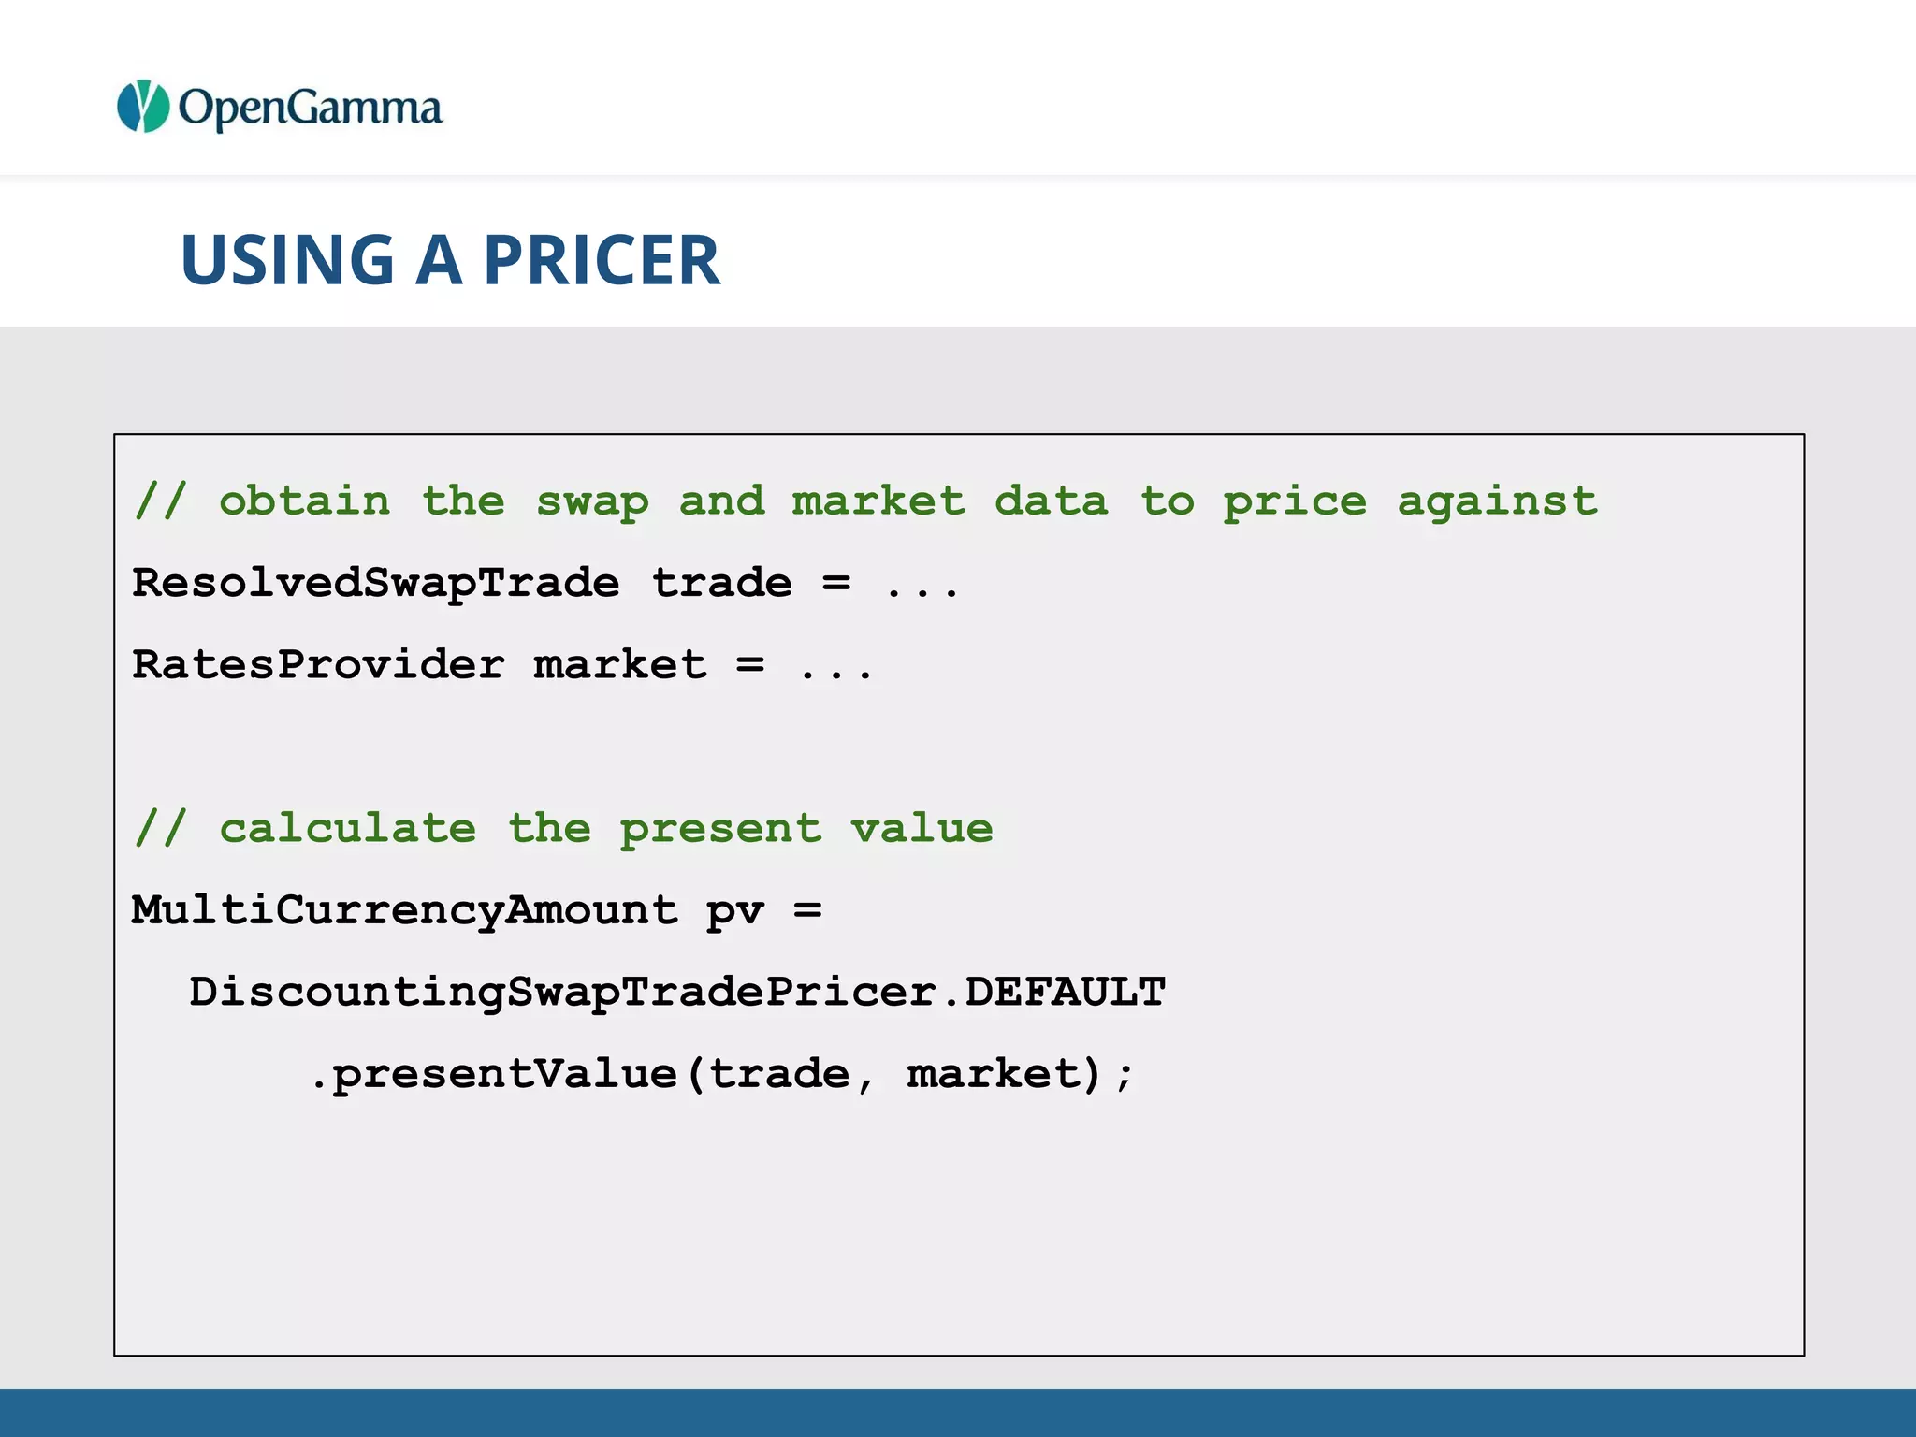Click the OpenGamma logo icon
tap(142, 107)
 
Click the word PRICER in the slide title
tap(602, 260)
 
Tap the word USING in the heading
tap(287, 260)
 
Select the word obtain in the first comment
tap(304, 501)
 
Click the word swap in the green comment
tap(591, 501)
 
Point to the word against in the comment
tap(1497, 501)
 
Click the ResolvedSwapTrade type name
tap(375, 583)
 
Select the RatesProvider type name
tap(318, 665)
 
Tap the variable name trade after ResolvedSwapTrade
tap(721, 583)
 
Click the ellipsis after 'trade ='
tap(922, 589)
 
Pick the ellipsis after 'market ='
tap(835, 672)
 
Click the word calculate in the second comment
tap(347, 828)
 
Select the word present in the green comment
tap(720, 830)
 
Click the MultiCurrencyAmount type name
tap(404, 910)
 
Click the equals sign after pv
tap(807, 910)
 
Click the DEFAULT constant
tap(1066, 992)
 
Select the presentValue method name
tap(505, 1074)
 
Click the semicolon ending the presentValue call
tap(1125, 1076)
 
